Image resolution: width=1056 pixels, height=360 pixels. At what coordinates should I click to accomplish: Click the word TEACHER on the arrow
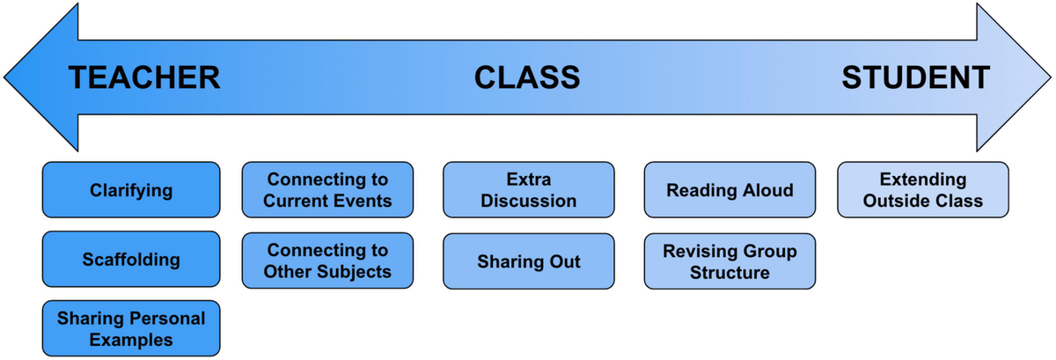pos(144,78)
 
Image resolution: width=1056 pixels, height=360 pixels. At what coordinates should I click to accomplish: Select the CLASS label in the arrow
pos(527,78)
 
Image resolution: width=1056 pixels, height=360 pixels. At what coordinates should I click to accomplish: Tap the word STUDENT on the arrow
pos(915,78)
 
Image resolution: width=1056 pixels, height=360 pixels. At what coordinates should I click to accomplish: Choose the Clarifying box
pos(131,190)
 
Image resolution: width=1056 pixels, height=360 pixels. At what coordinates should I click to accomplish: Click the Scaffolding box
pos(131,260)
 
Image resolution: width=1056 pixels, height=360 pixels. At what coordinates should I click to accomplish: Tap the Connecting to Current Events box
pos(327,190)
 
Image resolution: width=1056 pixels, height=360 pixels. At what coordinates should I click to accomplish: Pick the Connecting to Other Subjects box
pos(327,261)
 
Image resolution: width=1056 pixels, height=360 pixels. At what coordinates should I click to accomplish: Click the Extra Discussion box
pos(529,190)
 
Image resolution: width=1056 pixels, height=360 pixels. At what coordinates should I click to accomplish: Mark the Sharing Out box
pos(529,262)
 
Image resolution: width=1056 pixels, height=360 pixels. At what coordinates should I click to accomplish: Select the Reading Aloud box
pos(730,190)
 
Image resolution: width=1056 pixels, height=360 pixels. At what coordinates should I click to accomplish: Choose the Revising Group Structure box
pos(730,262)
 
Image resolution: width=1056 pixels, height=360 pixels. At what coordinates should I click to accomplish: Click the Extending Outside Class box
pos(922,190)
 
